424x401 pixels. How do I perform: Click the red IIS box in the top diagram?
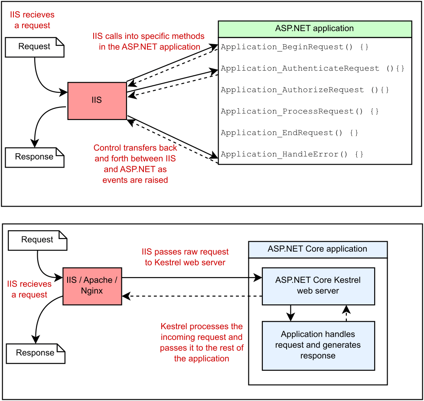pos(97,101)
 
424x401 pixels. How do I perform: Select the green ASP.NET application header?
pos(315,29)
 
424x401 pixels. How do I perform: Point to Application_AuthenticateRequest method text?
pos(312,68)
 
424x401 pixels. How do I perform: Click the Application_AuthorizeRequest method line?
pos(305,90)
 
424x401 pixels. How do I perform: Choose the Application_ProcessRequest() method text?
pos(300,111)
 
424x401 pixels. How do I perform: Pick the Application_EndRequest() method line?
pos(289,133)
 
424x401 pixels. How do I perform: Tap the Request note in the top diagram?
pos(35,47)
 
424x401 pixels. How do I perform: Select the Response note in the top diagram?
pos(35,158)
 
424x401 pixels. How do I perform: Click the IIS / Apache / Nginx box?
pos(92,286)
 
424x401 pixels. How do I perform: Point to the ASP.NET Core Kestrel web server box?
pos(318,286)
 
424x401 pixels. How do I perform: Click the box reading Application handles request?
pos(318,346)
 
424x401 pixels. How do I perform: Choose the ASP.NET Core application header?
pos(318,249)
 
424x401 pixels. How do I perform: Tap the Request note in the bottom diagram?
pos(38,240)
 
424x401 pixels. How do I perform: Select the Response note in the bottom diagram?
pos(36,353)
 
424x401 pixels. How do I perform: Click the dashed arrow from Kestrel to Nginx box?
pos(192,296)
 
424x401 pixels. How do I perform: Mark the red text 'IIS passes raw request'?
pos(185,252)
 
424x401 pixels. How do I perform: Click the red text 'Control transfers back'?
pos(135,148)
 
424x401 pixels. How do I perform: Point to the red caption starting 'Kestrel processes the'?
pos(202,343)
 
